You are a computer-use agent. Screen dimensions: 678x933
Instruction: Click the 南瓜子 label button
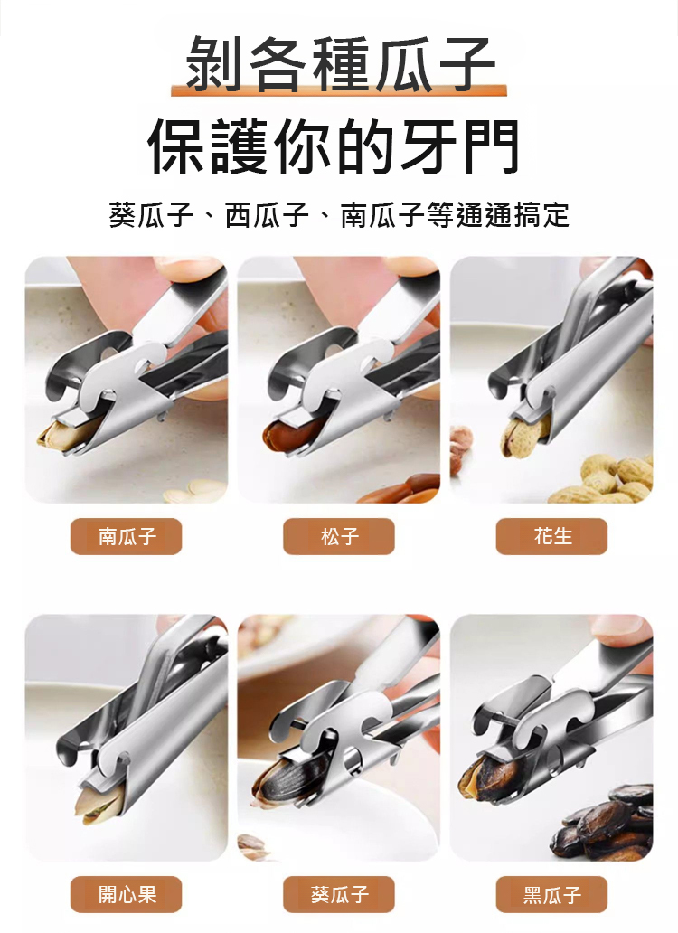coord(126,536)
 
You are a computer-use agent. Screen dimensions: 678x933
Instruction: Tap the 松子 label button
coord(339,536)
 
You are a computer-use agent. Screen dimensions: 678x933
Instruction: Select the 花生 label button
coord(552,536)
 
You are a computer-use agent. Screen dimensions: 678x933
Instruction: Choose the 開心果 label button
coord(126,894)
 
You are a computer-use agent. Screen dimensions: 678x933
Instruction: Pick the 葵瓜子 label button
coord(339,894)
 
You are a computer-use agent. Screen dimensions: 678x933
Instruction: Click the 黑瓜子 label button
coord(552,894)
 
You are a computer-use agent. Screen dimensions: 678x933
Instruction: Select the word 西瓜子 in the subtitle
coord(267,215)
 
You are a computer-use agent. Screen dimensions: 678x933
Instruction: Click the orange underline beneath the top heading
coord(339,90)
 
